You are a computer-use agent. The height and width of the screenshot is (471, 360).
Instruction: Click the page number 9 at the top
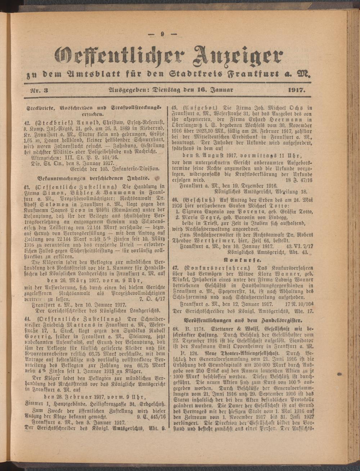[x=163, y=35]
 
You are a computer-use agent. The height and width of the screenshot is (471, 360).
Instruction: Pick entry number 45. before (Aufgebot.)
[x=176, y=107]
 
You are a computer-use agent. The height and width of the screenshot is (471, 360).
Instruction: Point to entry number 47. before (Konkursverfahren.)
[x=176, y=268]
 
